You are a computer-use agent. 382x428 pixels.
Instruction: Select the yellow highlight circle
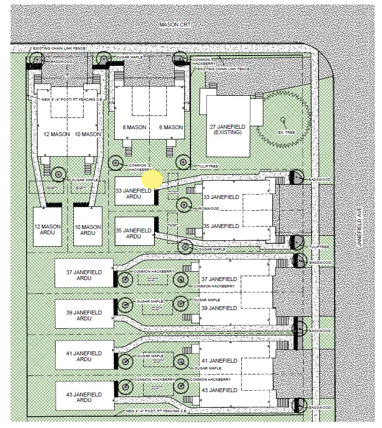(x=152, y=179)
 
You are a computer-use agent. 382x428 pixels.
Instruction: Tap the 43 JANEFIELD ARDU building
(x=83, y=397)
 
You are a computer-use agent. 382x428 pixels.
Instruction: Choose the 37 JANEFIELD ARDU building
(x=83, y=274)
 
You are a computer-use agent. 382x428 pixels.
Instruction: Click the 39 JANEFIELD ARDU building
(x=83, y=315)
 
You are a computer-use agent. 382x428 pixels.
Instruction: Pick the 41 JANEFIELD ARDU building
(x=83, y=356)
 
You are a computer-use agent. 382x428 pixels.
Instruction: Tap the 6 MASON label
(x=171, y=127)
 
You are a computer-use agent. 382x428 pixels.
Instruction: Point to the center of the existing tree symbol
(x=283, y=119)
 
